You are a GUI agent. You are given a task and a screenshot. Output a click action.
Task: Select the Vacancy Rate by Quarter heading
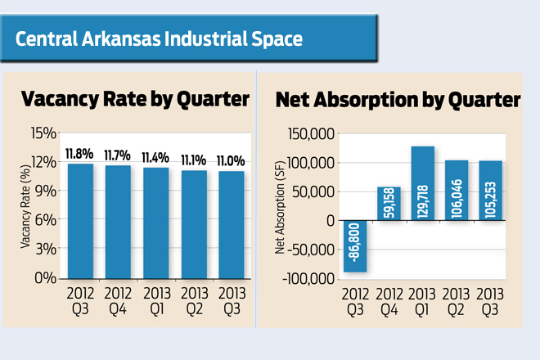(135, 100)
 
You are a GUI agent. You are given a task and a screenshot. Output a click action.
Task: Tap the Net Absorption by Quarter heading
(398, 100)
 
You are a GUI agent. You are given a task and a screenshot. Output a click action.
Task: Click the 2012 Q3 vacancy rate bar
(80, 221)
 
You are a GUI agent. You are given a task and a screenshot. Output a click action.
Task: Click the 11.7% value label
(118, 155)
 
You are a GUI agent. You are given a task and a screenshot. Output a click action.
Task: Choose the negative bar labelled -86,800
(354, 245)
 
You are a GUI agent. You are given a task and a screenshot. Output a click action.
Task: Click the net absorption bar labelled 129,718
(422, 183)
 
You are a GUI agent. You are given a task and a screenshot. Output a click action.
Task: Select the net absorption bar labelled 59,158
(389, 204)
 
